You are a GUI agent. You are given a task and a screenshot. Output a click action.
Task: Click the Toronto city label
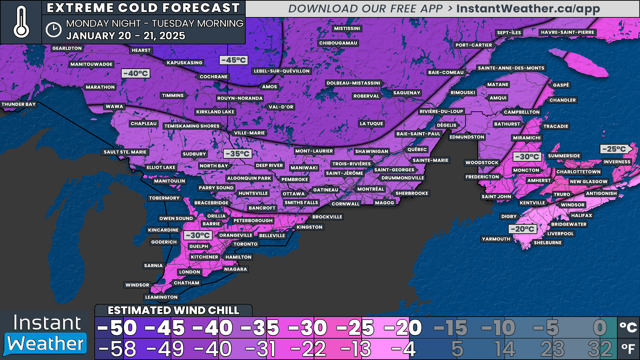click(245, 244)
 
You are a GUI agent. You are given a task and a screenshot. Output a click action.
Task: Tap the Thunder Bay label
click(18, 104)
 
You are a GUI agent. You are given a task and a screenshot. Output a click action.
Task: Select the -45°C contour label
click(233, 60)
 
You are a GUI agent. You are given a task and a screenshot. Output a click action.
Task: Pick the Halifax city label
click(581, 215)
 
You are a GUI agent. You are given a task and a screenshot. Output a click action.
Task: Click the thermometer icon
click(21, 23)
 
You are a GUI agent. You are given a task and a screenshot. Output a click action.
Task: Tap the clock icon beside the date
click(53, 29)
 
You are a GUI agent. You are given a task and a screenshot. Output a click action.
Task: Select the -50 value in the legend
click(116, 328)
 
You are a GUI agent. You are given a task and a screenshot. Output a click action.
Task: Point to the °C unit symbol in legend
click(628, 328)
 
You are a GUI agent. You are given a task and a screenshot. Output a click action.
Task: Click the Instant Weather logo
click(46, 334)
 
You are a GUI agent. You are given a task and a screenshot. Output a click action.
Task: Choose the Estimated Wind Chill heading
click(173, 310)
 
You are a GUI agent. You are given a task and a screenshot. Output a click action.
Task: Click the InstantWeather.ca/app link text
click(528, 9)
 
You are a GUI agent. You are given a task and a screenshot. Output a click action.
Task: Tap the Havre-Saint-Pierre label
click(567, 32)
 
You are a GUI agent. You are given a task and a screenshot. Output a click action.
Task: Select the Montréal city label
click(370, 189)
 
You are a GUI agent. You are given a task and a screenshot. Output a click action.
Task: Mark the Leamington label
click(161, 297)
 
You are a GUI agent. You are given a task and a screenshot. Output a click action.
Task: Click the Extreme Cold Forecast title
click(143, 8)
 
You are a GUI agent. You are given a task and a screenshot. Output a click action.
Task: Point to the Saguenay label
click(407, 93)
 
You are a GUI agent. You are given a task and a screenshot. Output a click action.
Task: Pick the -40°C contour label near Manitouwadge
click(136, 73)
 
